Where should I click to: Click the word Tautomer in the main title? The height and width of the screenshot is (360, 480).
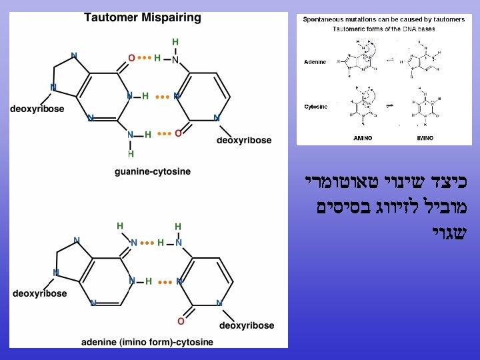[x=111, y=18]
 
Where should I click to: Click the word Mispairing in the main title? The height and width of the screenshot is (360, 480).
[x=171, y=18]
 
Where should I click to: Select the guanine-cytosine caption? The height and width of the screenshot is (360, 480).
[x=153, y=171]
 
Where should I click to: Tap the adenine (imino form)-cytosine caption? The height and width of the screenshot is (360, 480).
[x=147, y=342]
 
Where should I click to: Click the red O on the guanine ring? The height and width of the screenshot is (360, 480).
[x=132, y=58]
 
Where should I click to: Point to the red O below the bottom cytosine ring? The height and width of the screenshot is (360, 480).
[x=180, y=321]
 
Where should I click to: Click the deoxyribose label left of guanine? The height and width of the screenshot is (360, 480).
[x=37, y=109]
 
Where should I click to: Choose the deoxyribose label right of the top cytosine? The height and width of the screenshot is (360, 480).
[x=244, y=140]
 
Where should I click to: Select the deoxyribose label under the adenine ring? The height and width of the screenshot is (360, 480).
[x=40, y=293]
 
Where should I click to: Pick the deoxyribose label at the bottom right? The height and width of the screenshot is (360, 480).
[x=246, y=325]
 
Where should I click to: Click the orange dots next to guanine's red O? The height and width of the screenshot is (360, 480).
[x=145, y=58]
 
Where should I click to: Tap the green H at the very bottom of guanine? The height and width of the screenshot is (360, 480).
[x=131, y=153]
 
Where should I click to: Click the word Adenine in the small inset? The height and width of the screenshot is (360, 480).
[x=315, y=62]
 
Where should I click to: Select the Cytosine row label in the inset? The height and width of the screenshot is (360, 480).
[x=315, y=107]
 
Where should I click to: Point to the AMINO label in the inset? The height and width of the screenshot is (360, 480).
[x=363, y=138]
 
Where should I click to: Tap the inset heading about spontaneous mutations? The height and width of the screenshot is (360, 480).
[x=383, y=20]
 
